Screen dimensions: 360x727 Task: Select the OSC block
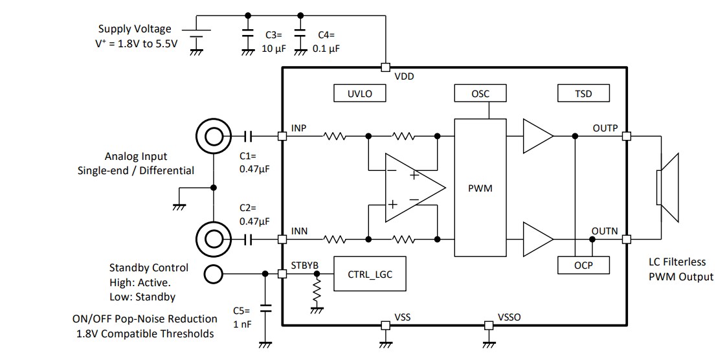point(480,93)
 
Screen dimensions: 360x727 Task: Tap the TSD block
point(583,93)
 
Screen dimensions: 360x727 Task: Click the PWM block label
point(480,188)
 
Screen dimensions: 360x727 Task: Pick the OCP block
point(583,265)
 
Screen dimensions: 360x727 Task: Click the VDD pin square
point(385,67)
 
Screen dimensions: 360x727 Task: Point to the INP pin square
point(282,136)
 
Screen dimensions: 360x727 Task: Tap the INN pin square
point(282,239)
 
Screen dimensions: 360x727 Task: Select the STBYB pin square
point(282,273)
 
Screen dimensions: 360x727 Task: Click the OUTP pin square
point(626,136)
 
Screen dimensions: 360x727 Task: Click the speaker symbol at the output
point(667,188)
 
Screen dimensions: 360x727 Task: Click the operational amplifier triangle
point(412,188)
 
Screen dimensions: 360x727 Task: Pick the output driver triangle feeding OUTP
point(537,136)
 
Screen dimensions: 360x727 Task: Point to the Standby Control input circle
point(212,274)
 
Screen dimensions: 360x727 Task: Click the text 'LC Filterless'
point(677,262)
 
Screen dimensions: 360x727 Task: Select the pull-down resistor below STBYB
point(317,293)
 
